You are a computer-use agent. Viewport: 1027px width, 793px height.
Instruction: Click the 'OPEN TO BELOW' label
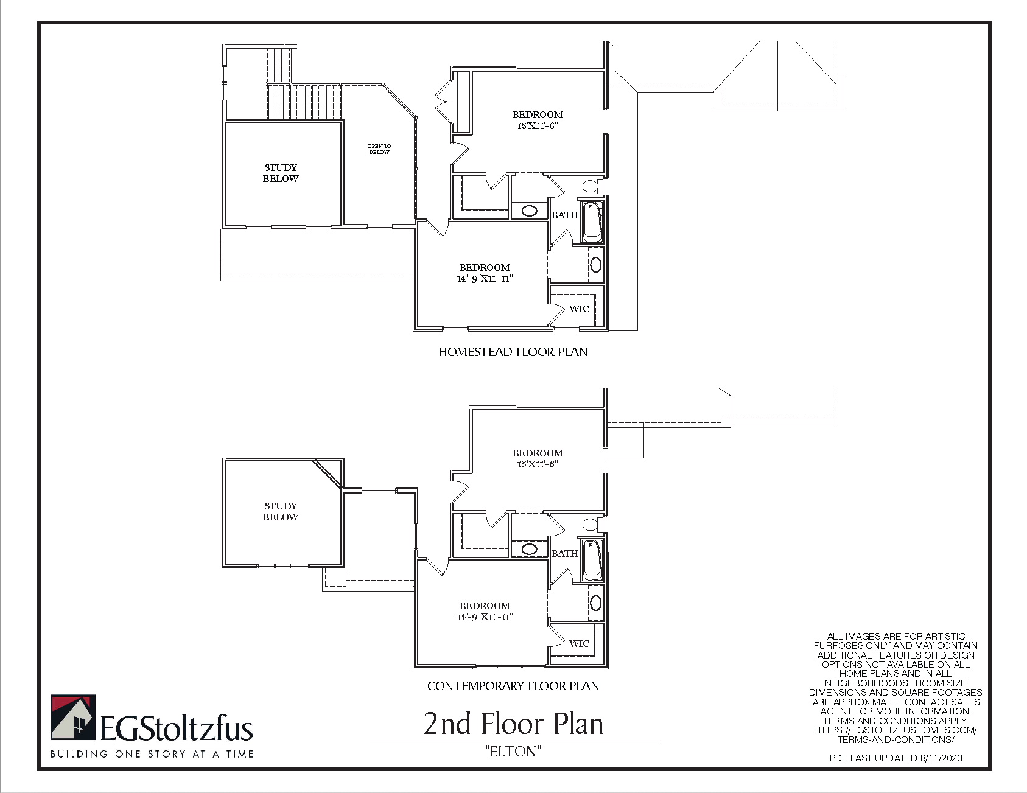click(379, 149)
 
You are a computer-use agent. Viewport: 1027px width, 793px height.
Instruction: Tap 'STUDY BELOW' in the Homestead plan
click(281, 173)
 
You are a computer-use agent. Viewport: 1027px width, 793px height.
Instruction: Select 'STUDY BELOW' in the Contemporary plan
click(281, 511)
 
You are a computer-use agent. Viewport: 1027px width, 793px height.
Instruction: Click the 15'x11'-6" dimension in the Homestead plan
click(538, 126)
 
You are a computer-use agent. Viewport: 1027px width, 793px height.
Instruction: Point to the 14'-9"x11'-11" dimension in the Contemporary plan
click(485, 617)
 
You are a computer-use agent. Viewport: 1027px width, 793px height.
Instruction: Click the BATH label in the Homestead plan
click(565, 215)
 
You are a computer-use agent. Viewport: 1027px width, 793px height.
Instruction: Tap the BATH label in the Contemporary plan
click(565, 554)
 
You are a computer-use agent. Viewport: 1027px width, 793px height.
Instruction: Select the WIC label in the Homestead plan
click(579, 309)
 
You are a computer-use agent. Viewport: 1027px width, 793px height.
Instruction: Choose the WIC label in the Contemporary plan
click(579, 644)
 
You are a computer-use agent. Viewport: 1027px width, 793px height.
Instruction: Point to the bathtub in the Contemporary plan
click(592, 559)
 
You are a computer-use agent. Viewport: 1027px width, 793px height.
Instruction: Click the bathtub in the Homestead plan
click(592, 221)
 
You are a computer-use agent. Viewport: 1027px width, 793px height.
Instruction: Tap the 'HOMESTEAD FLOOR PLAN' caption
click(513, 352)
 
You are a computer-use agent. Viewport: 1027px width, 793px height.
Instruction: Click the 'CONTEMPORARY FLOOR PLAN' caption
click(513, 686)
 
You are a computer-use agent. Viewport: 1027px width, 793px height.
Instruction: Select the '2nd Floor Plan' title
click(513, 724)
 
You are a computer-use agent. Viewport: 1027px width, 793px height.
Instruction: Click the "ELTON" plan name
click(513, 752)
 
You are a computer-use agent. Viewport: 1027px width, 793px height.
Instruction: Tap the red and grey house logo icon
click(73, 718)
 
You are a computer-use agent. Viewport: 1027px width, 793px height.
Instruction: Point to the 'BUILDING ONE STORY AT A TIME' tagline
click(152, 754)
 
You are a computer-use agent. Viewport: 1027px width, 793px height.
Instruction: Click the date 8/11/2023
click(942, 758)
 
